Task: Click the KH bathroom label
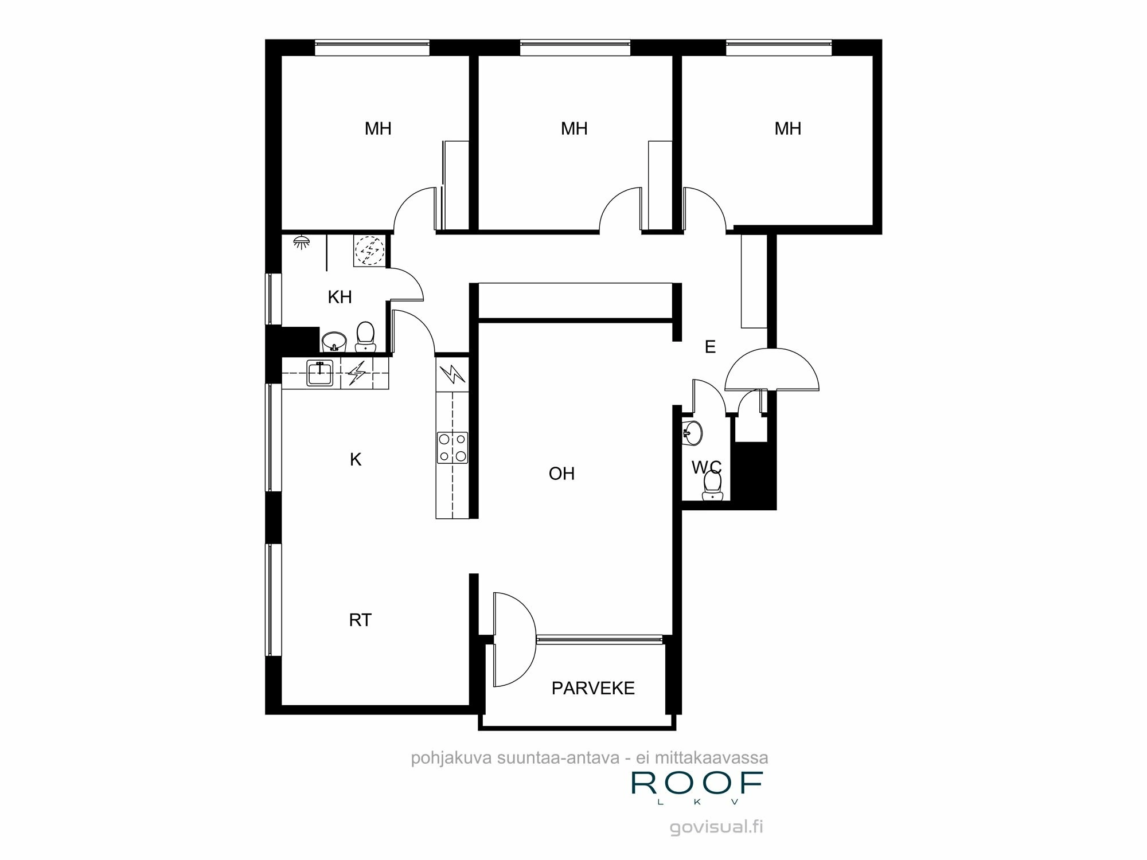tap(340, 297)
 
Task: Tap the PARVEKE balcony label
tap(593, 688)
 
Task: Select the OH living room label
tap(561, 474)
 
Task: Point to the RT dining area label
tap(360, 620)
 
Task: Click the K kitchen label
tap(356, 459)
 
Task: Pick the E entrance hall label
tap(710, 347)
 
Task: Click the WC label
tap(706, 467)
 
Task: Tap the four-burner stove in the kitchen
tap(452, 448)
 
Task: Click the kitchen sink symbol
tap(320, 373)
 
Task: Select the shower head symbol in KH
tap(301, 241)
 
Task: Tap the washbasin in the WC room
tap(693, 433)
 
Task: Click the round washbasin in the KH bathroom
tap(334, 342)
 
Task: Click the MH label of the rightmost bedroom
tap(787, 128)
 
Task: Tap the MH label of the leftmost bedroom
tap(378, 128)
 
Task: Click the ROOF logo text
tap(697, 783)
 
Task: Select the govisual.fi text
tap(716, 827)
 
